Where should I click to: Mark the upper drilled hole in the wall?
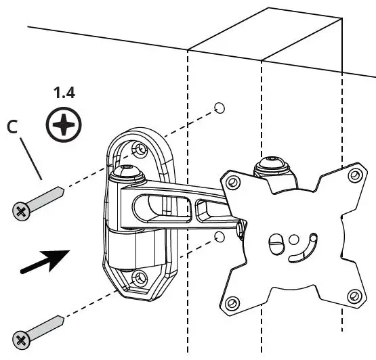click(x=219, y=108)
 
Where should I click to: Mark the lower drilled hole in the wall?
click(x=218, y=236)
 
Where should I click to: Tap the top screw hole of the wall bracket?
click(x=139, y=148)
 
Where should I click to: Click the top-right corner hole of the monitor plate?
click(x=353, y=176)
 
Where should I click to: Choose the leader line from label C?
click(x=31, y=158)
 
